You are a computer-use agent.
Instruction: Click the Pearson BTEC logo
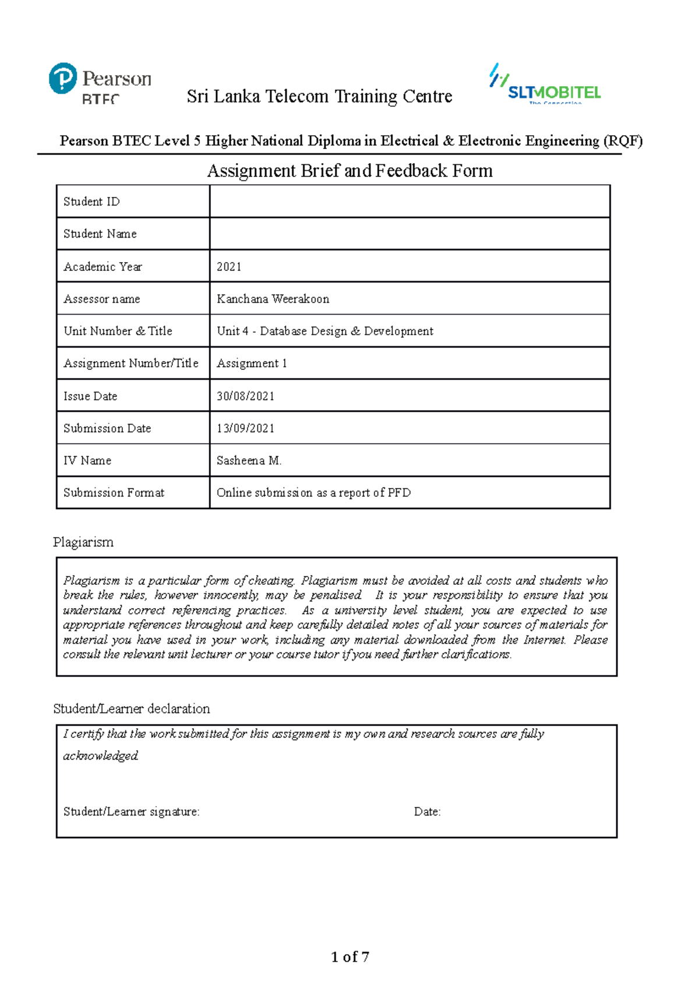pos(100,83)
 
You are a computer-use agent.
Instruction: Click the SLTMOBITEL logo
pos(545,84)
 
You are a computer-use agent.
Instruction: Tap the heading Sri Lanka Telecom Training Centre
pos(319,96)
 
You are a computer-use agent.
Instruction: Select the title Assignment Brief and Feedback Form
pos(349,171)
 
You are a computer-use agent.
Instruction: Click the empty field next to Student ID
pos(409,202)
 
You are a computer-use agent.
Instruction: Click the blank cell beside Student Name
pos(409,234)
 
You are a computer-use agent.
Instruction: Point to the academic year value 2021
pos(229,267)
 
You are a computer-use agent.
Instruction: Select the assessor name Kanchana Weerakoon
pos(273,299)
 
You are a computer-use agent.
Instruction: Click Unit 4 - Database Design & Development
pos(324,331)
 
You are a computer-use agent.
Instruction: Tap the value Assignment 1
pos(252,363)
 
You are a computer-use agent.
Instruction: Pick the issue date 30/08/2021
pos(245,396)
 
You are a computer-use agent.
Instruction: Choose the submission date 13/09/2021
pos(245,428)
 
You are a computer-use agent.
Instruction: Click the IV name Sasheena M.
pos(249,460)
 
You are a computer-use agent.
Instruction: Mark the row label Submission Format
pos(114,493)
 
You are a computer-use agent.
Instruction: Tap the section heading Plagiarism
pos(83,542)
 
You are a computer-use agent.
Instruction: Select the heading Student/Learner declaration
pos(131,709)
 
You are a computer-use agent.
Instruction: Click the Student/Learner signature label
pos(131,811)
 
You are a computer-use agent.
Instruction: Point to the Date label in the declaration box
pos(427,811)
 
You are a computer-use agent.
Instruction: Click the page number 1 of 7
pos(349,957)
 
